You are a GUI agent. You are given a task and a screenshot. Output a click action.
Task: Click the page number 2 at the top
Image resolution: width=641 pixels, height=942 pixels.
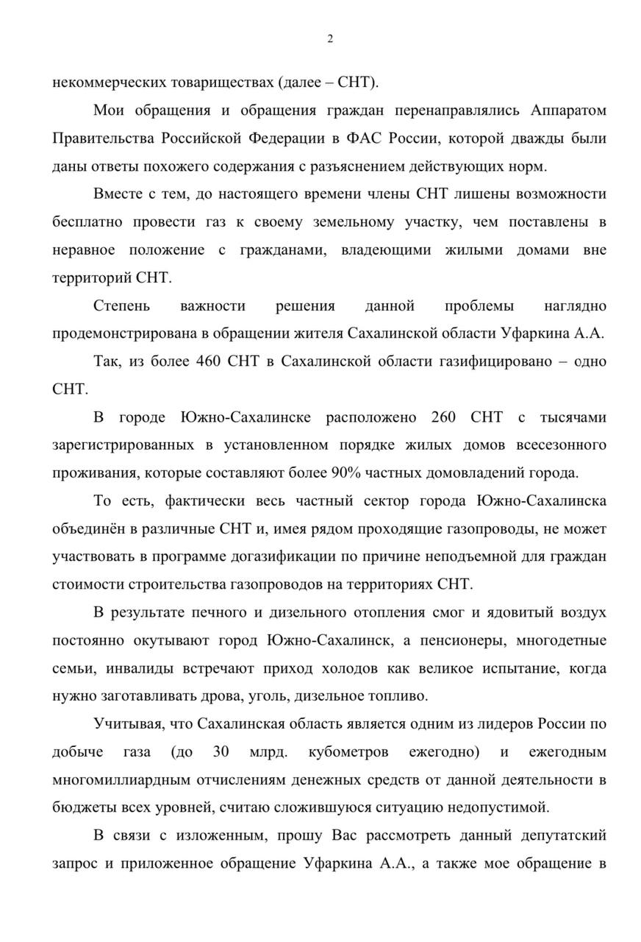tap(330, 39)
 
